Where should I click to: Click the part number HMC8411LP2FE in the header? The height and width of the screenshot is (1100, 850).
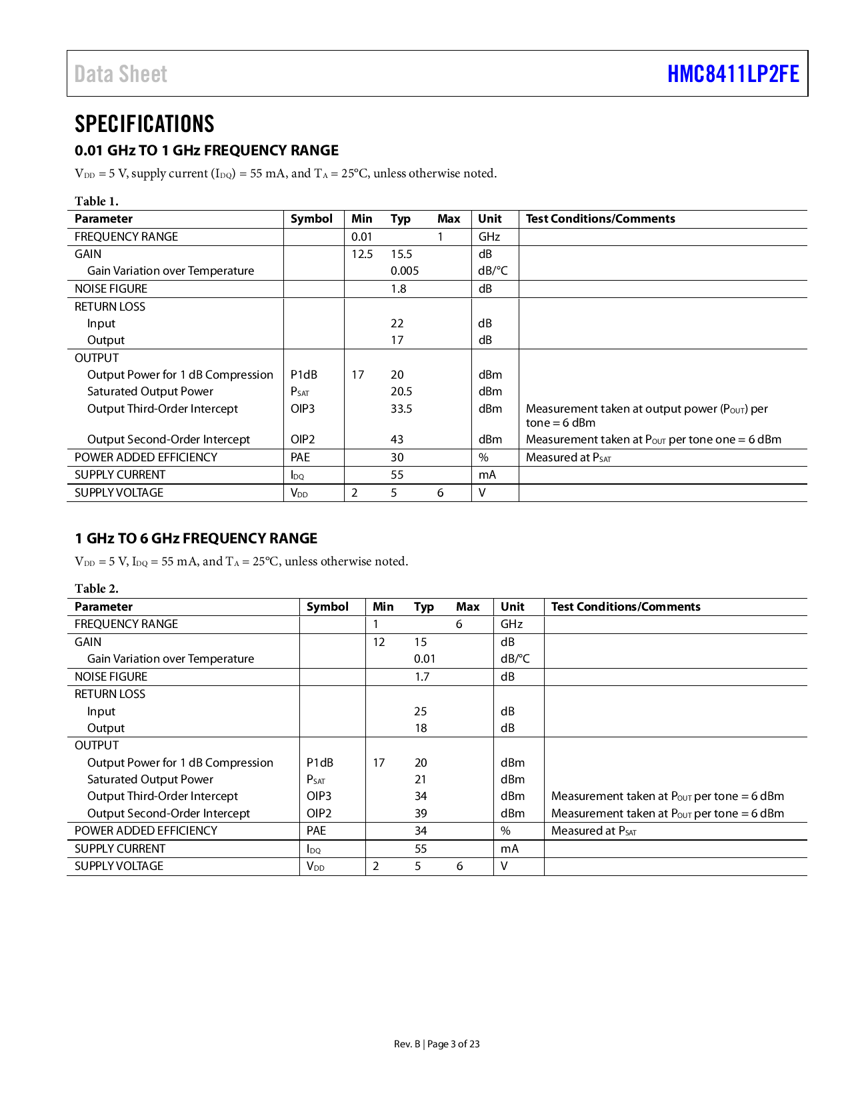click(733, 74)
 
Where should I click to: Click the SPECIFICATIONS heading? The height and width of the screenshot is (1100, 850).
click(144, 124)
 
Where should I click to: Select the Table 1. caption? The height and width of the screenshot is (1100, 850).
click(96, 201)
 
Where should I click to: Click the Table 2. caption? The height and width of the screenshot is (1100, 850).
click(96, 589)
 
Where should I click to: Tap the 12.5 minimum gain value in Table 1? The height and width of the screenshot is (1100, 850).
click(362, 254)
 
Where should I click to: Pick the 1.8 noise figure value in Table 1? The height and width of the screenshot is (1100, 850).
click(398, 289)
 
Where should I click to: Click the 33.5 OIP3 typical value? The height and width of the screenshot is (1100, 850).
click(401, 409)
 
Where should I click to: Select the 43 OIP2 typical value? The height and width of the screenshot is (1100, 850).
click(397, 439)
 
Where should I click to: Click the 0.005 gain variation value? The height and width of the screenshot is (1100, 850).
click(404, 271)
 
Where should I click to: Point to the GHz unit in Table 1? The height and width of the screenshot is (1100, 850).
click(489, 237)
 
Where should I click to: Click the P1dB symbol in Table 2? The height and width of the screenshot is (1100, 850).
click(319, 763)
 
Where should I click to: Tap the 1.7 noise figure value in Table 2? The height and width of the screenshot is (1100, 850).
click(421, 677)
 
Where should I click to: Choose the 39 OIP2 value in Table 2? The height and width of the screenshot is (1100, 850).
click(420, 813)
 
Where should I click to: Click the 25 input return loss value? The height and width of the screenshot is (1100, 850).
click(420, 711)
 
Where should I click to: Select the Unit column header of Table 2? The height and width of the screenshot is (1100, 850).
click(512, 607)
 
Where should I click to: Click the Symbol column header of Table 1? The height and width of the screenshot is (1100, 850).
click(311, 219)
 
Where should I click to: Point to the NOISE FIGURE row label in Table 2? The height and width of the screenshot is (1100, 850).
click(111, 677)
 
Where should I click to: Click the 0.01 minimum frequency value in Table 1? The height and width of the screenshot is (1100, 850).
click(361, 237)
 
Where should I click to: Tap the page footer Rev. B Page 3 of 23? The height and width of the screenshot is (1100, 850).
click(436, 1044)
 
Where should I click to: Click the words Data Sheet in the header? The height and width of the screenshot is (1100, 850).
click(121, 74)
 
